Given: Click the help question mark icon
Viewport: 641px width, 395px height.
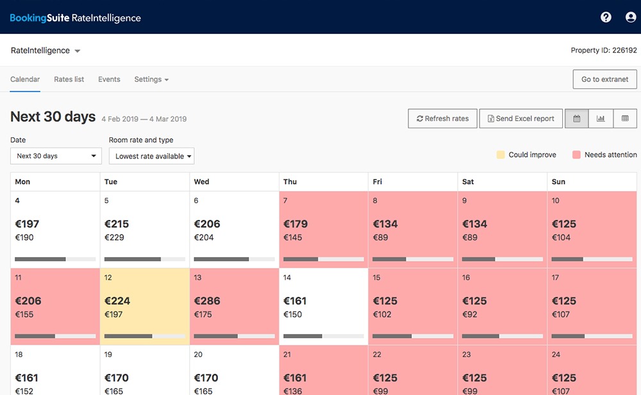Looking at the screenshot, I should pos(606,17).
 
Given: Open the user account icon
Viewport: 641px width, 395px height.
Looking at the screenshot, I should pos(631,17).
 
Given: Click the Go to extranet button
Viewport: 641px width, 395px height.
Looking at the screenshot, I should pos(604,80).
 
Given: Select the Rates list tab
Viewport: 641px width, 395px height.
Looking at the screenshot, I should pos(69,80).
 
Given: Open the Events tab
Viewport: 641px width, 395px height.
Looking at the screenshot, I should pos(109,80).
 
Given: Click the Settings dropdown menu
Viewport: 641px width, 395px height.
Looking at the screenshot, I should pos(151,80).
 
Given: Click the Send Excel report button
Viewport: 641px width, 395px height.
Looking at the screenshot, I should pos(520,119).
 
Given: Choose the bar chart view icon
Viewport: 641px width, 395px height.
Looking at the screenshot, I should pos(601,119).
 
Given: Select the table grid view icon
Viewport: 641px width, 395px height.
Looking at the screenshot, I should pos(625,119).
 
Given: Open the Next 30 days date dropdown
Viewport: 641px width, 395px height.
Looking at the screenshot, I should pos(56,156).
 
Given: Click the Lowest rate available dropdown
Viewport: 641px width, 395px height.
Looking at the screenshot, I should pos(151,156).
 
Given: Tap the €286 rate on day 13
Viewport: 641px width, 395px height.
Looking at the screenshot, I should pos(207,301).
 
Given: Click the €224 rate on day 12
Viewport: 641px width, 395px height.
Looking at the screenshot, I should pos(117,301).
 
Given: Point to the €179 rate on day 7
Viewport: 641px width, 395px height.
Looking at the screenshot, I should pos(296,224).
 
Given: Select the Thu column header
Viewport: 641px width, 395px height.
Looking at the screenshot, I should pos(290,181).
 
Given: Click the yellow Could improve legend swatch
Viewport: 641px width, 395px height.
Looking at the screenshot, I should pos(501,155).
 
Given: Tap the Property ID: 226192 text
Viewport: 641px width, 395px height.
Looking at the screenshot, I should pos(603,51).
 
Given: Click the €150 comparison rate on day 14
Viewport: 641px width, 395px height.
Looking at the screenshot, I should pos(293,314).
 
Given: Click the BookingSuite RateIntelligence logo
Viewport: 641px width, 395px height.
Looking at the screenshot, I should pos(75,18).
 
